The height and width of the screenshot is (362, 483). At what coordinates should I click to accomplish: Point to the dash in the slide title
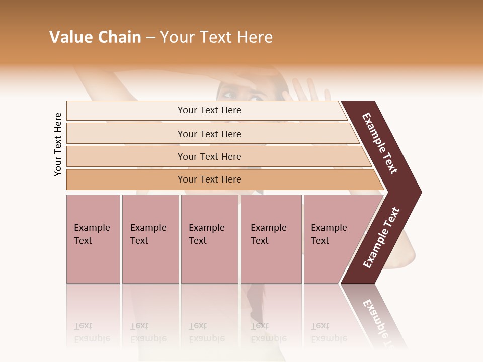pyautogui.click(x=150, y=38)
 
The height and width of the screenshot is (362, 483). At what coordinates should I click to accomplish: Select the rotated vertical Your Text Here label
pyautogui.click(x=58, y=145)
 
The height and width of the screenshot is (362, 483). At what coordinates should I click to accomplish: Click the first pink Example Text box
pyautogui.click(x=93, y=239)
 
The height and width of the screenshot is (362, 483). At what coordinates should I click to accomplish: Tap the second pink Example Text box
pyautogui.click(x=150, y=239)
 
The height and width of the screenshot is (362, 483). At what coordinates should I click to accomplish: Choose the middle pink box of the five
pyautogui.click(x=209, y=239)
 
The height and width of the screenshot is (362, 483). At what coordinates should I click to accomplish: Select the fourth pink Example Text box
pyautogui.click(x=271, y=239)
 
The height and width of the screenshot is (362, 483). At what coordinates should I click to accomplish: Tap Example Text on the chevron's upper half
pyautogui.click(x=380, y=143)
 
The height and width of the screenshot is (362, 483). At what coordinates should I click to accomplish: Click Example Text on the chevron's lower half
pyautogui.click(x=381, y=237)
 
